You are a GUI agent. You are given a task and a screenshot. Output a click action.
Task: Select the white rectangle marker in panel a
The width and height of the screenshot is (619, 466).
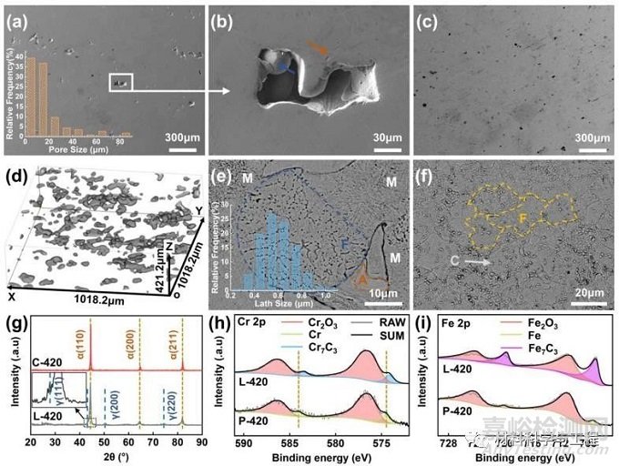click(121, 83)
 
